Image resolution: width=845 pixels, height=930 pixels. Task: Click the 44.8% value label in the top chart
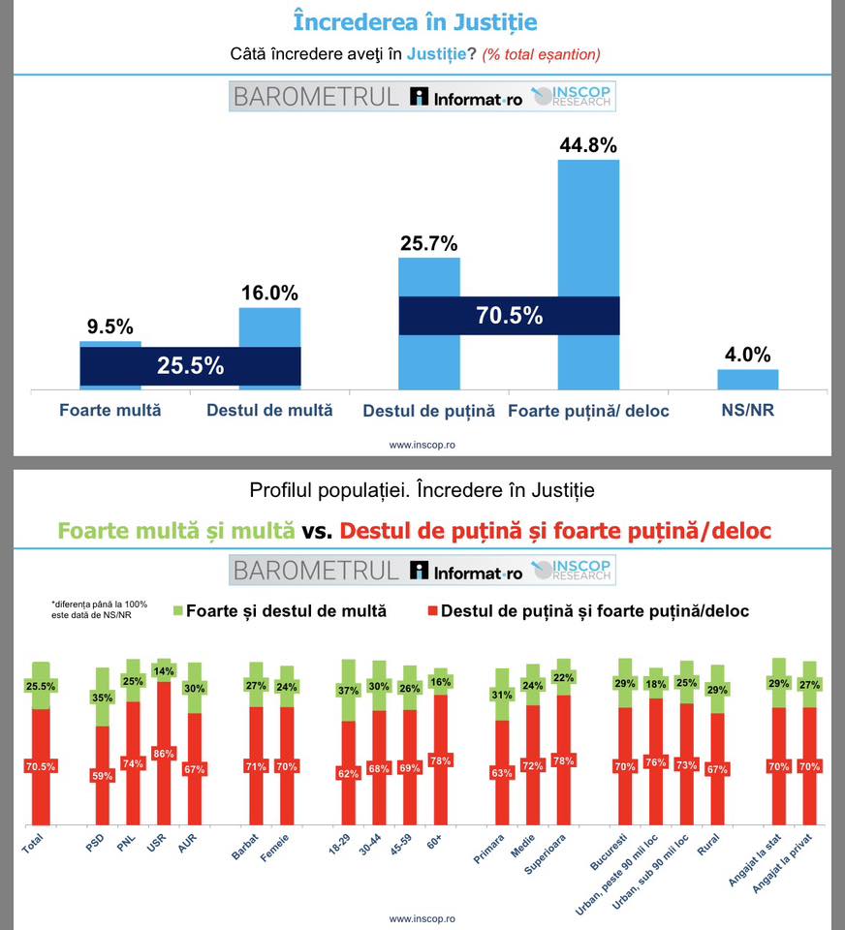coord(588,145)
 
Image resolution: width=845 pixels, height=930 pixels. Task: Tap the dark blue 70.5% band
coord(509,316)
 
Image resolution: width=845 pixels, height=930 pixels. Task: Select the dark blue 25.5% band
coord(190,366)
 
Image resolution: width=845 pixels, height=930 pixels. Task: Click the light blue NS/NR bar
coord(747,379)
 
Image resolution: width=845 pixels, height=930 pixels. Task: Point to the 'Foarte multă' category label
coord(110,411)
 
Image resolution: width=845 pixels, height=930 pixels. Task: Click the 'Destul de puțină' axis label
coord(428,411)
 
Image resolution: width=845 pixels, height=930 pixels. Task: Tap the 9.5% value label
coord(110,327)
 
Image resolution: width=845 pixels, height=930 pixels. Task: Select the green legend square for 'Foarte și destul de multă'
coord(177,611)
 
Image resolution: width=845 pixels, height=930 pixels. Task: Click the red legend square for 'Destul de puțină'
coord(432,611)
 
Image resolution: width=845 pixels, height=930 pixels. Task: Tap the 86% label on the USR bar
coord(164,753)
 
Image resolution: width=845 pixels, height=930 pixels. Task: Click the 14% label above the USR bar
coord(164,670)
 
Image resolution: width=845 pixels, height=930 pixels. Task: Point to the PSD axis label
coord(95,845)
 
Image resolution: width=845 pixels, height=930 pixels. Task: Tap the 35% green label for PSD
coord(101,697)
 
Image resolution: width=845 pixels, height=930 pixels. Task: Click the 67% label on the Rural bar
coord(717,769)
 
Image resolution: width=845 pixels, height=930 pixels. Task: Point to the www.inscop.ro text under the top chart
coord(422,446)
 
